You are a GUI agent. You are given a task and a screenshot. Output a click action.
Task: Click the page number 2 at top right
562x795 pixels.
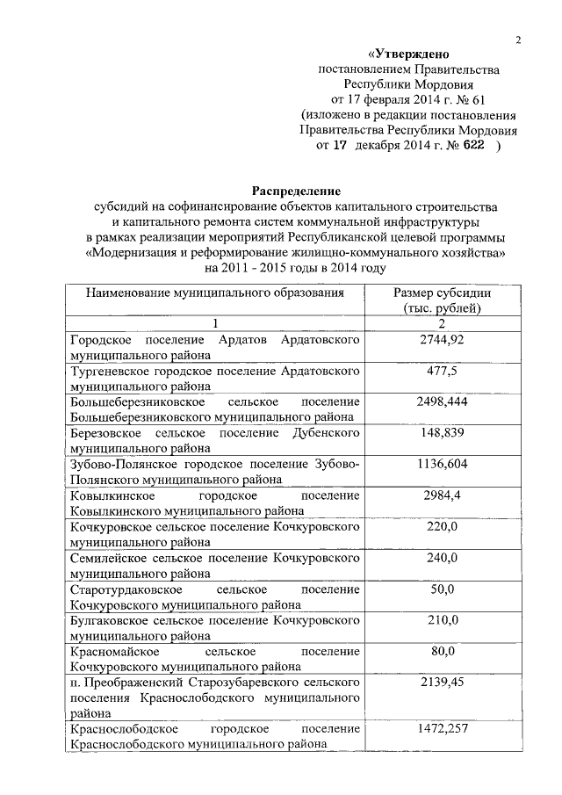click(518, 38)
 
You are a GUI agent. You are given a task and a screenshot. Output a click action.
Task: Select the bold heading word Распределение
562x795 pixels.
click(296, 190)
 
